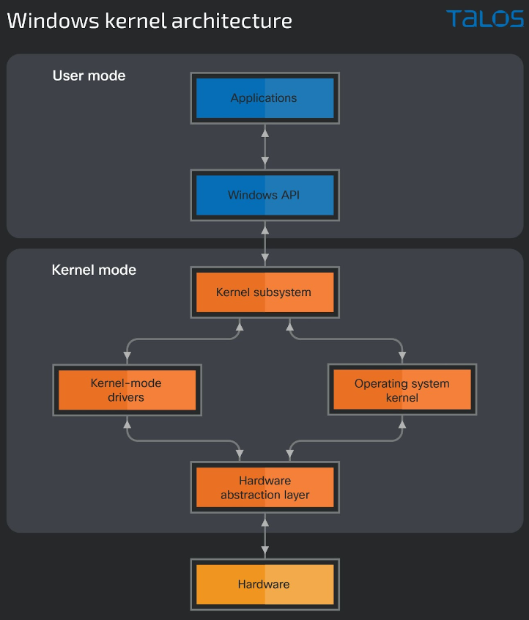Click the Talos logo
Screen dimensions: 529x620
(485, 19)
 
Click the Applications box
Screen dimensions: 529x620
(265, 98)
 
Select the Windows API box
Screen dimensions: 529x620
(265, 196)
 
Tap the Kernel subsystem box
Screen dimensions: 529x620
(265, 292)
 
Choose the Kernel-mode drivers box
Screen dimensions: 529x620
(127, 390)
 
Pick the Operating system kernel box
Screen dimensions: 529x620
(402, 389)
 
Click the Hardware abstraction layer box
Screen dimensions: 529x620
(265, 487)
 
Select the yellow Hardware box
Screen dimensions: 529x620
(265, 584)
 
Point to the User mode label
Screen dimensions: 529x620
(89, 75)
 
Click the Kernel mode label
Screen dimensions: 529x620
(94, 270)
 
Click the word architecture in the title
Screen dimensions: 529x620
(232, 21)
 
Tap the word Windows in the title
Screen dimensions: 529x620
(53, 21)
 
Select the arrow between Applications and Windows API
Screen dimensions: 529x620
(265, 147)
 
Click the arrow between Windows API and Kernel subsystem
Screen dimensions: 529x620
(265, 243)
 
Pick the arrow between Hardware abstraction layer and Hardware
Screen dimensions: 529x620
(265, 536)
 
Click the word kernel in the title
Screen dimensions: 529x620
(136, 21)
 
